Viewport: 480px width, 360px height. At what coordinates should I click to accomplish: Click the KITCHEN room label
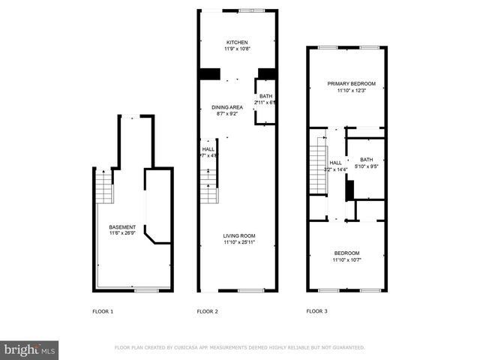(237, 42)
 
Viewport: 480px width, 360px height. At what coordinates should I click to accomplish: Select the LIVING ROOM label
(238, 236)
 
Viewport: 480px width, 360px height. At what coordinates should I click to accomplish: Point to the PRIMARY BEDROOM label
(346, 83)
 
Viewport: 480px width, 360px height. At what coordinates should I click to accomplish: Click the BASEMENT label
(122, 227)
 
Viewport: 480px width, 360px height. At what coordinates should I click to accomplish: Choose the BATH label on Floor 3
(366, 160)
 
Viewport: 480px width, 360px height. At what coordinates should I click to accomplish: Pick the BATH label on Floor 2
(266, 96)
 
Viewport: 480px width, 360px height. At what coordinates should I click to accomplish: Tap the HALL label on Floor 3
(336, 163)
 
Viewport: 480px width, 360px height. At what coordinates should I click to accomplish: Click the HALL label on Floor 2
(208, 149)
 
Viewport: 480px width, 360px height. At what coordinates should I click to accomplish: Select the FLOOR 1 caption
(102, 310)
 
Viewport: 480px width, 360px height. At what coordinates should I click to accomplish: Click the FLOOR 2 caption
(207, 310)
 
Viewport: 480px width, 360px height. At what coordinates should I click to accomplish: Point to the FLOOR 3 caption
(317, 310)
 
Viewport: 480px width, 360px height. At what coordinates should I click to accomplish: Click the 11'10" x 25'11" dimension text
(238, 243)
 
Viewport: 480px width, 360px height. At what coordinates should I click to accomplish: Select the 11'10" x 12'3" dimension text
(346, 90)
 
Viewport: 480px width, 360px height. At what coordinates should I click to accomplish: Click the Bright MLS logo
(30, 349)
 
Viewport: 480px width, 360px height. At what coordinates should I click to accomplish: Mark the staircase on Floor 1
(103, 187)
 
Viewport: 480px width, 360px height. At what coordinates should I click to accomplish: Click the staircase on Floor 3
(319, 169)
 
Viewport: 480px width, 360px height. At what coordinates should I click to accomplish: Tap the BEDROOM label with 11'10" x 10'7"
(346, 253)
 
